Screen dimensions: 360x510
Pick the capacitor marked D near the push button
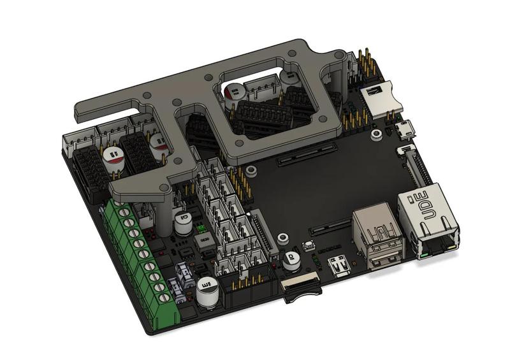pyautogui.click(x=291, y=258)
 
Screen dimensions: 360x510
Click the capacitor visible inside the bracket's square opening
pyautogui.click(x=234, y=94)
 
